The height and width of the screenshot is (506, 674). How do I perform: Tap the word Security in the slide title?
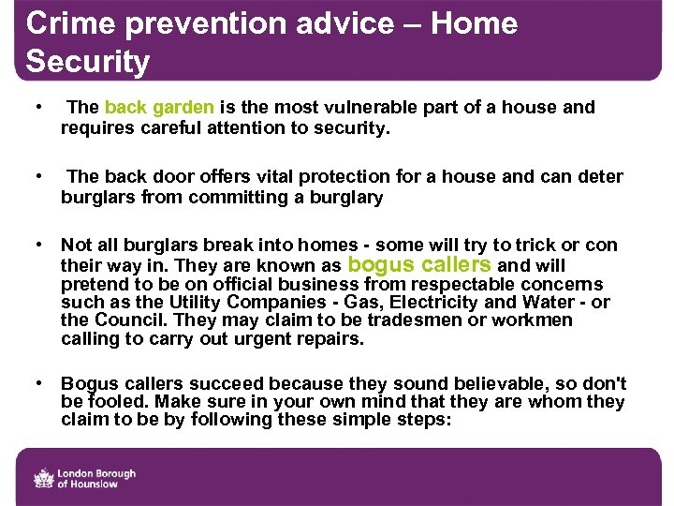coord(88,62)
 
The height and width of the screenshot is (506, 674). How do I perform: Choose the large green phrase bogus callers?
coord(419,264)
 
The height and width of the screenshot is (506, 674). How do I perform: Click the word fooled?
coord(117,403)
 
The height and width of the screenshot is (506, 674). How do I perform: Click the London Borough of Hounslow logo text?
coord(98,479)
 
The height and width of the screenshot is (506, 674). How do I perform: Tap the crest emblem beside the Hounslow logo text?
coord(44,478)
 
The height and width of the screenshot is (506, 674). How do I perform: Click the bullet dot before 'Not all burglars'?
coord(37,245)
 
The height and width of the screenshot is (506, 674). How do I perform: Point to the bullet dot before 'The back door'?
coord(37,175)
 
